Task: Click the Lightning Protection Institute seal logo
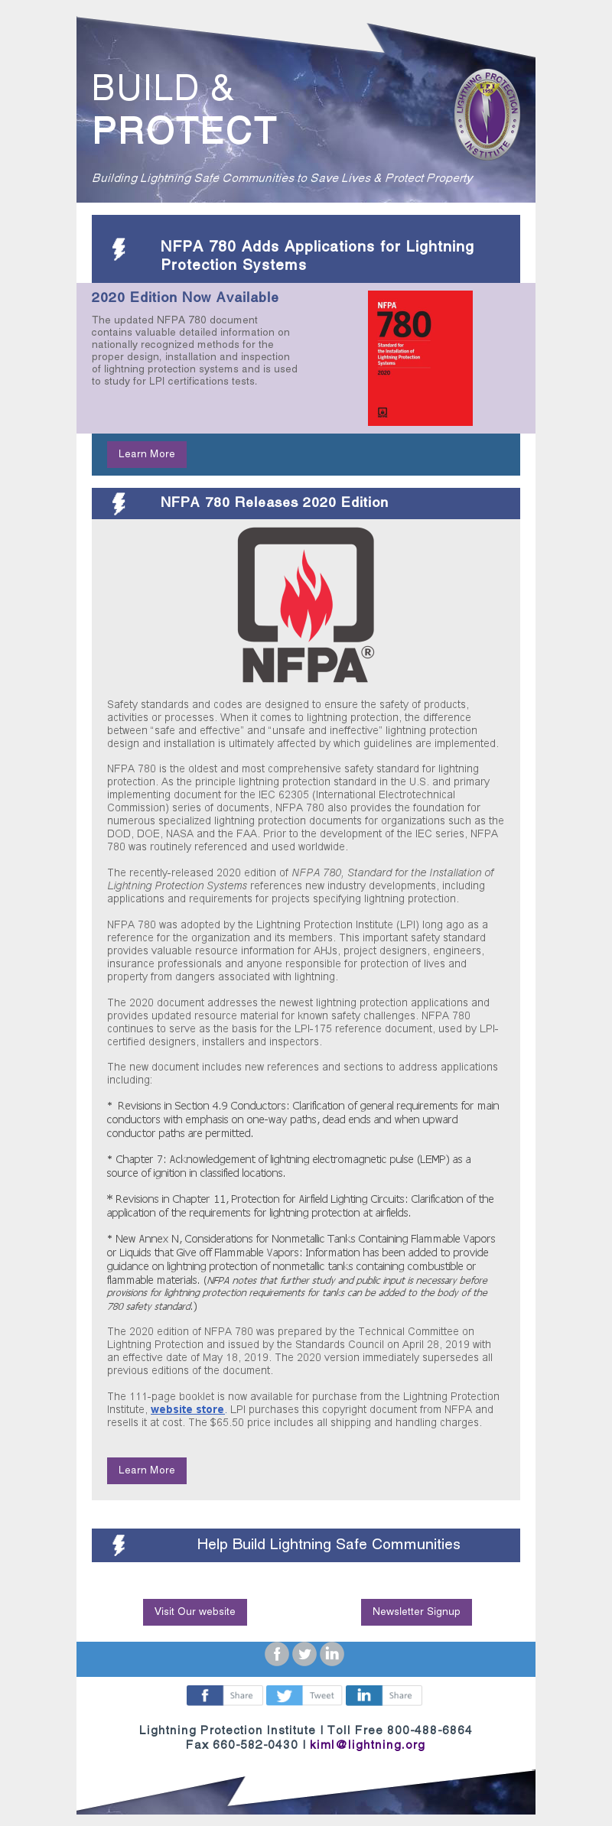point(487,115)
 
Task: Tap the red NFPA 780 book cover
point(420,358)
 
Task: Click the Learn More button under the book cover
point(147,454)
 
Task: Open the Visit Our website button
point(195,1612)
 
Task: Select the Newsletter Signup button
point(416,1612)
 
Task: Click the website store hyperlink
point(187,1409)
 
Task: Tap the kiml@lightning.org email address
point(367,1745)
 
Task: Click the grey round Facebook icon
point(277,1654)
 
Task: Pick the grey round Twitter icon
point(304,1654)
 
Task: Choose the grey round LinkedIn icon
point(332,1654)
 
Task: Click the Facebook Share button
point(225,1695)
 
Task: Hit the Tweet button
point(304,1695)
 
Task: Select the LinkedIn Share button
point(383,1695)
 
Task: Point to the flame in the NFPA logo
point(306,596)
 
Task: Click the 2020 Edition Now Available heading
point(185,297)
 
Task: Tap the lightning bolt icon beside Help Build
point(119,1545)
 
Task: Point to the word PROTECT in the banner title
point(184,131)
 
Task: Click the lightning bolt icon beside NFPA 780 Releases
point(119,503)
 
